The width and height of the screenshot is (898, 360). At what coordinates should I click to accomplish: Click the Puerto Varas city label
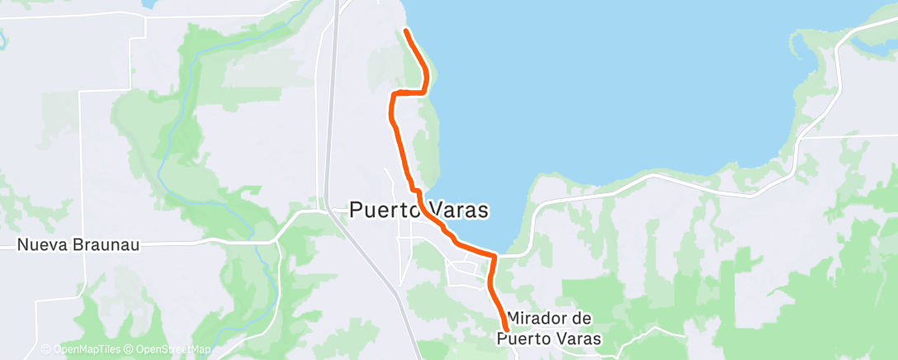pyautogui.click(x=419, y=211)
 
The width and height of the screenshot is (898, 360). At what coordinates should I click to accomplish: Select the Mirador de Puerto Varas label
pyautogui.click(x=549, y=328)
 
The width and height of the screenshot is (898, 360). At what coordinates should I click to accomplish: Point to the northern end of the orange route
pyautogui.click(x=406, y=31)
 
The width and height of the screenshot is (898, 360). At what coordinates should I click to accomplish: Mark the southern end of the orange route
pyautogui.click(x=504, y=330)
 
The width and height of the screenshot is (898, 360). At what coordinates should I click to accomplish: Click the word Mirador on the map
pyautogui.click(x=539, y=318)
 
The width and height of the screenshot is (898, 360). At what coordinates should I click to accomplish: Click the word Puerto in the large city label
pyautogui.click(x=385, y=211)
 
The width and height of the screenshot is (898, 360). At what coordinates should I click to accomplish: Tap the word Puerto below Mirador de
pyautogui.click(x=521, y=339)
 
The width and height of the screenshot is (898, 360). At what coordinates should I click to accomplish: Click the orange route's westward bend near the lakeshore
pyautogui.click(x=409, y=92)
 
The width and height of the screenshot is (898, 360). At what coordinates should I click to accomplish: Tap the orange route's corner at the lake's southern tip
pyautogui.click(x=494, y=258)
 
